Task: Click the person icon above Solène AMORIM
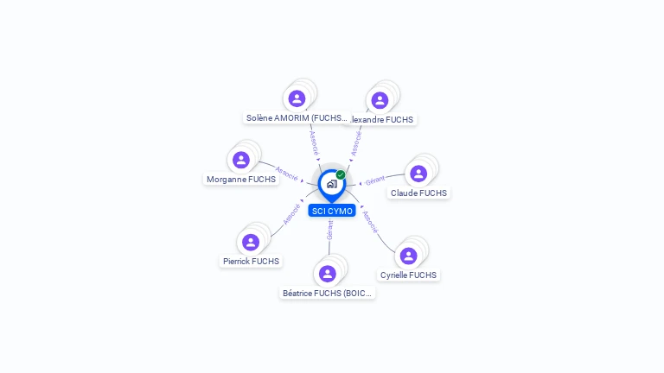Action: [297, 98]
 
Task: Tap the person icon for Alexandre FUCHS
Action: [380, 100]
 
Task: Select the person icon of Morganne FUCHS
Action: [241, 160]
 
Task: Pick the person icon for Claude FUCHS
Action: [418, 174]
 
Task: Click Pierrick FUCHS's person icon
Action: [251, 242]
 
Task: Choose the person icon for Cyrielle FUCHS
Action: [409, 256]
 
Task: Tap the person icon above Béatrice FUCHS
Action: [327, 274]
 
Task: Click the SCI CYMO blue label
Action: [332, 211]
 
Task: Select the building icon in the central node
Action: [331, 183]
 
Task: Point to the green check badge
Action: [341, 174]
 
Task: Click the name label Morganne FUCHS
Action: [241, 180]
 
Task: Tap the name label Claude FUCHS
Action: [418, 193]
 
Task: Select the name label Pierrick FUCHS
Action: [251, 261]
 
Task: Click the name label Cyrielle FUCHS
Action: [409, 275]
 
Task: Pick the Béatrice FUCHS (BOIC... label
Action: [328, 294]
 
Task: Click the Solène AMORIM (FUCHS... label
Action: [297, 118]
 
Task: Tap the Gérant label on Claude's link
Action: [375, 180]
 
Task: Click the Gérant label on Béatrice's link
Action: [329, 230]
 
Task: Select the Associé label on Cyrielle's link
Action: [370, 222]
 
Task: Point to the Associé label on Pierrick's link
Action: [290, 214]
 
